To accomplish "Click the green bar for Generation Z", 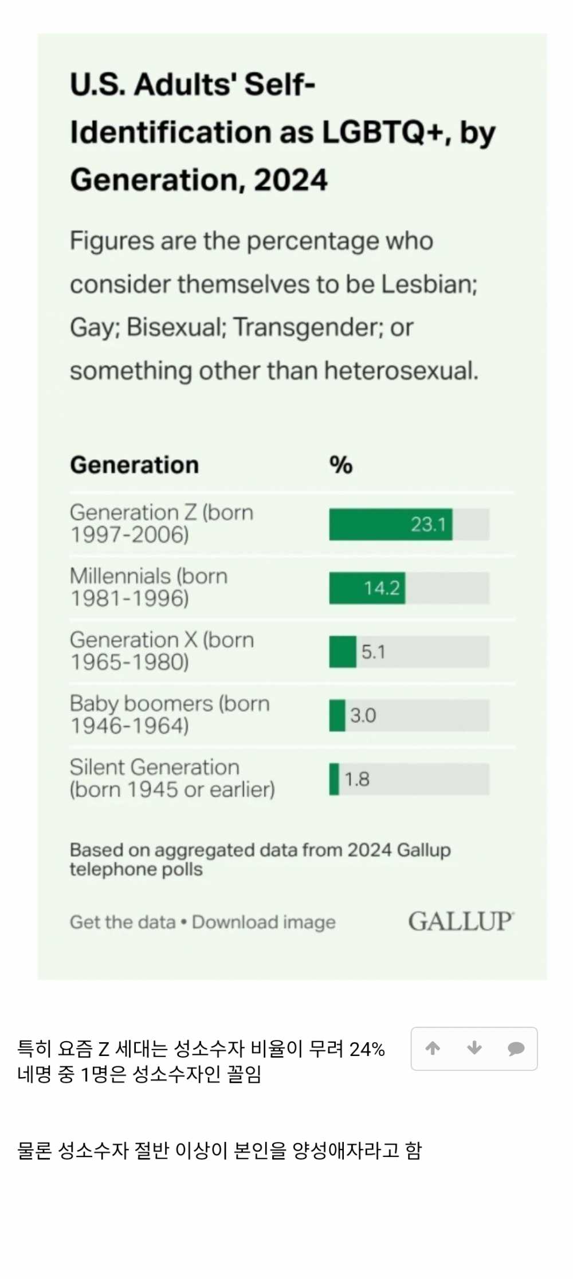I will coord(370,525).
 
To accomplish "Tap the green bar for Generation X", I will coord(343,652).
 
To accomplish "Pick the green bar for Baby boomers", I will coord(337,715).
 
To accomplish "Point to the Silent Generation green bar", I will coord(334,779).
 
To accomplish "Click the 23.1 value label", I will coord(428,525).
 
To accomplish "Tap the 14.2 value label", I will coord(382,588).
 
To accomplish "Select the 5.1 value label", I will coord(373,652).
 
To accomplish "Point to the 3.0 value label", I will coord(363,715).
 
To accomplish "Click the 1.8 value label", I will coord(357,779).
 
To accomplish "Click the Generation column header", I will coord(134,465).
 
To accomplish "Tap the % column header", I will coord(341,465).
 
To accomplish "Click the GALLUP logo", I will coord(461,921).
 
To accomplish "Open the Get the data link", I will coord(123,922).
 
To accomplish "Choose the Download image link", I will coord(264,922).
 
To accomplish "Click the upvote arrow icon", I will coord(433,1049).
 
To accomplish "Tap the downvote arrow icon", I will coord(474,1049).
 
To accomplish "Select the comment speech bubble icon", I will coord(516,1049).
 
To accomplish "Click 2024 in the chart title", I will coord(291,180).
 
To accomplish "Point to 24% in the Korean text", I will coord(367,1049).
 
